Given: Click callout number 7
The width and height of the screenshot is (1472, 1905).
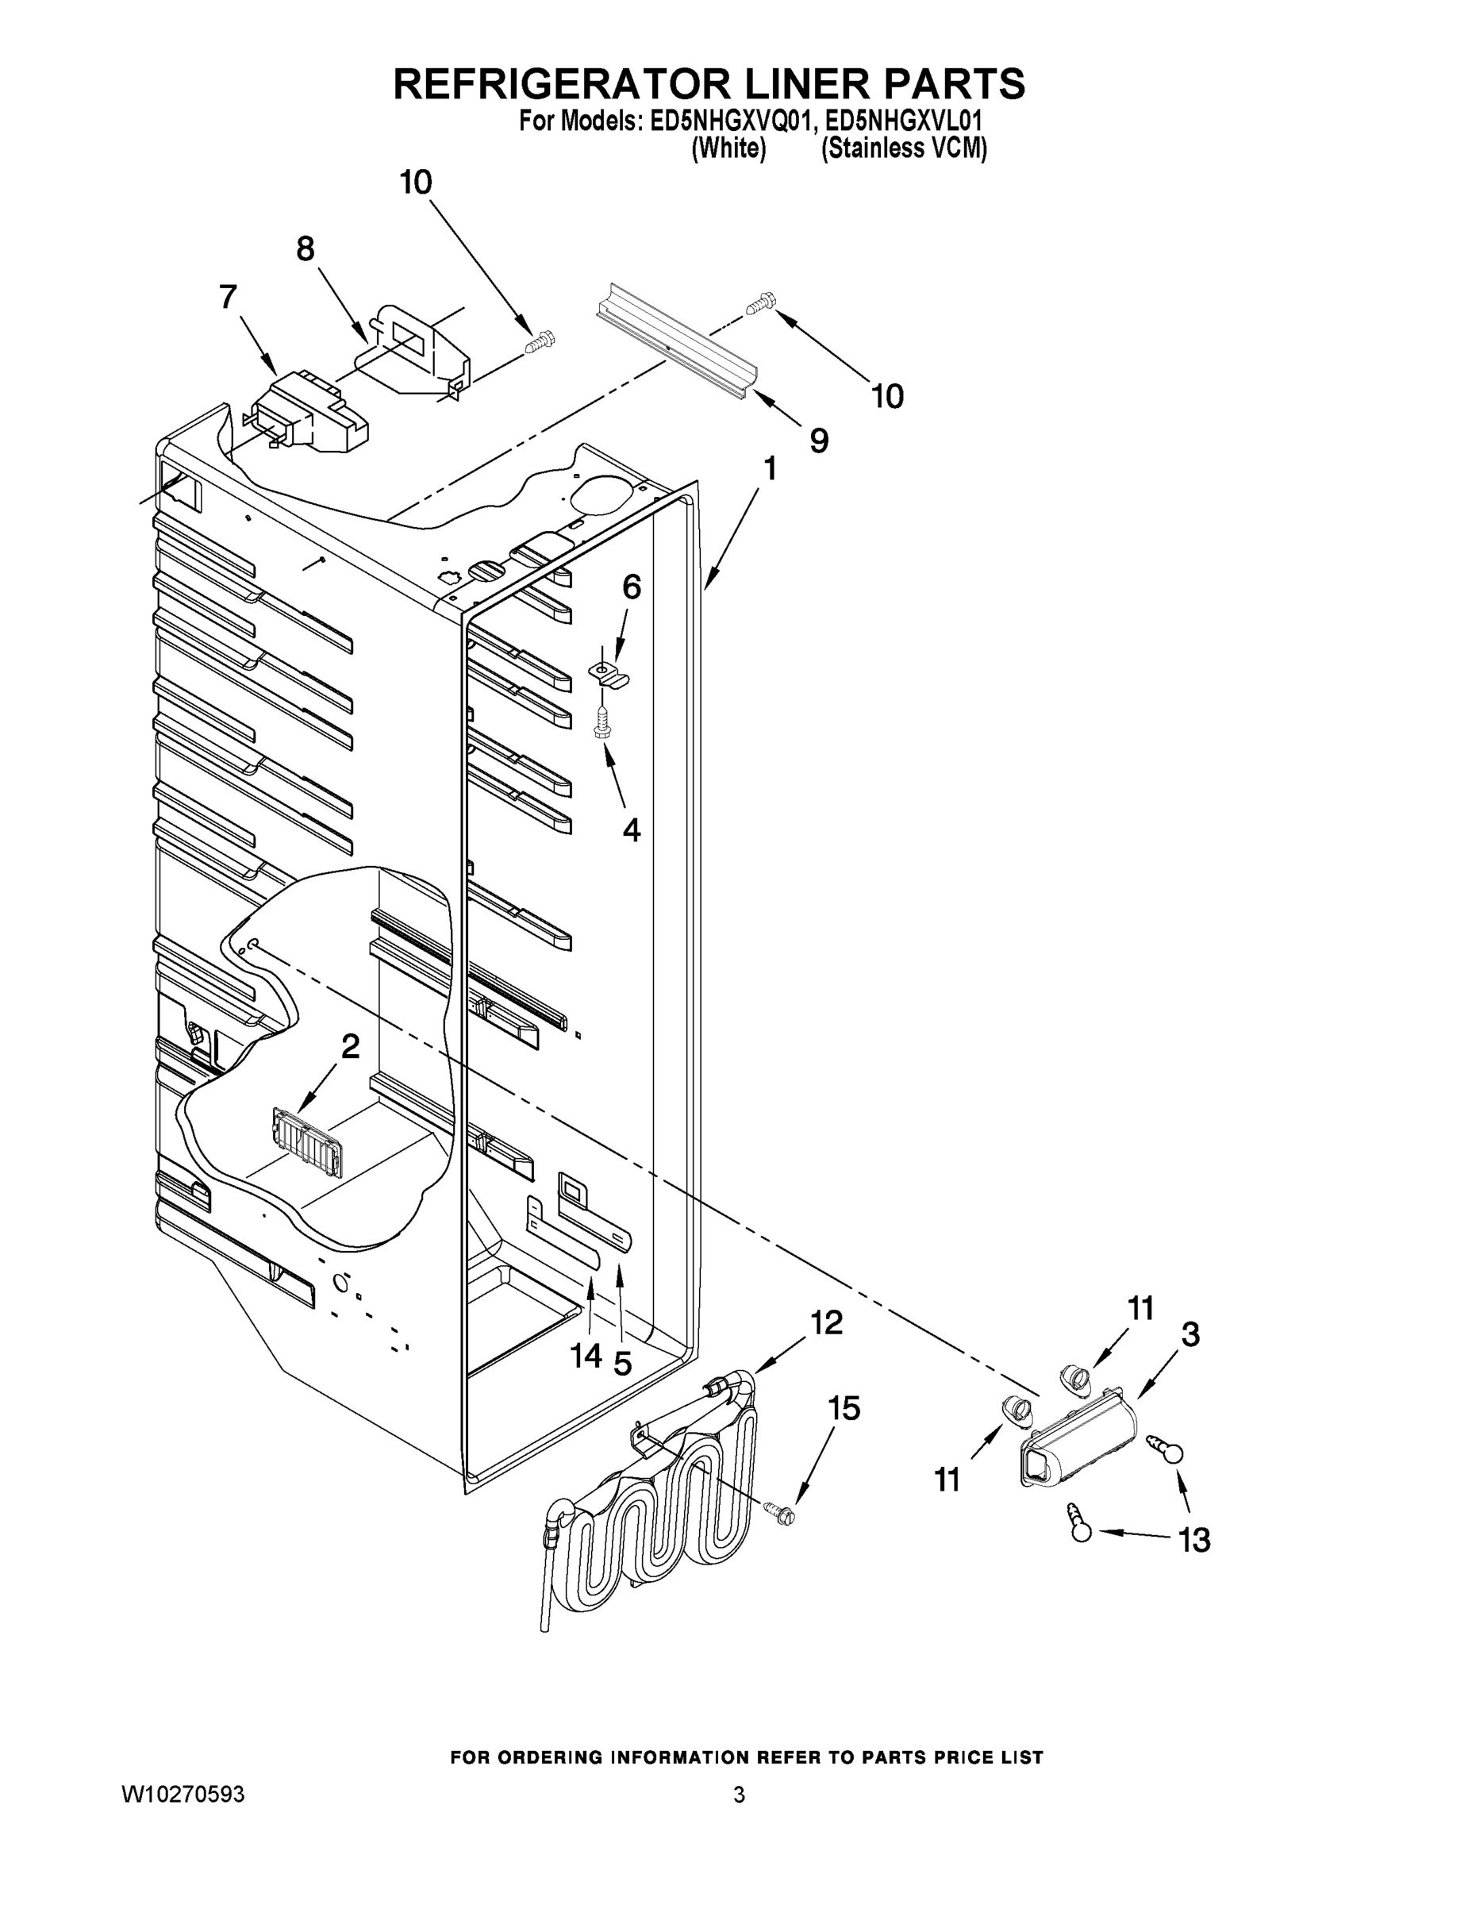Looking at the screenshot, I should coord(228,298).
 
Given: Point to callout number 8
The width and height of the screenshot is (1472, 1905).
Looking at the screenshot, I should coord(306,249).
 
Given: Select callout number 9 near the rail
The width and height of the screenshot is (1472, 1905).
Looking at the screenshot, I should coord(818,441).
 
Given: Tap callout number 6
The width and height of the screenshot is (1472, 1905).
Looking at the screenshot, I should coord(632,587).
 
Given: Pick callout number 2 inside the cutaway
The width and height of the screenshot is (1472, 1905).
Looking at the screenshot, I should coord(350,1046).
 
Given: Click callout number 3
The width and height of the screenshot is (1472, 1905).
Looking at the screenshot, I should coord(1190,1333).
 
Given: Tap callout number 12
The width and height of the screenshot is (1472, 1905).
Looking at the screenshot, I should coord(827,1322).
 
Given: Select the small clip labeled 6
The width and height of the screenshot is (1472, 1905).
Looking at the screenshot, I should coord(610,674).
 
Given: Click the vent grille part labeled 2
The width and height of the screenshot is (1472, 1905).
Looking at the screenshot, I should coord(306,1144).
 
